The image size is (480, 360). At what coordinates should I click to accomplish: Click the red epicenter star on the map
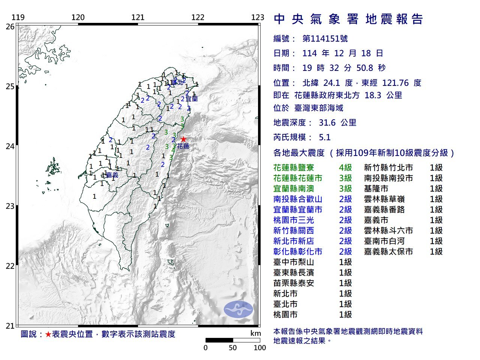183,139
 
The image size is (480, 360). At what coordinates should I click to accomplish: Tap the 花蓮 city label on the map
183,146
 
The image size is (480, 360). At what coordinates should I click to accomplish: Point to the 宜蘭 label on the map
192,99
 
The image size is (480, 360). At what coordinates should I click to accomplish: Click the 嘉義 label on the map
112,175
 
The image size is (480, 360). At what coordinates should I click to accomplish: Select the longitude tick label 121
138,17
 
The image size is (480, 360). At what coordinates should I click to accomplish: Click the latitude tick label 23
10,206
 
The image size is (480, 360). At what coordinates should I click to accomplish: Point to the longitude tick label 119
18,17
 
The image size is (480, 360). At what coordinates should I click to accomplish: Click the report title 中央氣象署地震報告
348,19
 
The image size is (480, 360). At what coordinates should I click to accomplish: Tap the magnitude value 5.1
324,137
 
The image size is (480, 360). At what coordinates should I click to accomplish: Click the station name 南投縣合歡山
298,199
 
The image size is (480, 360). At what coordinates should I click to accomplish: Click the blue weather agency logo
238,309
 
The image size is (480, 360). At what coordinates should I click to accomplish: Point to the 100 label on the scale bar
259,348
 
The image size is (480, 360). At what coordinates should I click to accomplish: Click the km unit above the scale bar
255,333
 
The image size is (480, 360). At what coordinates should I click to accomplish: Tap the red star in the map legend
48,334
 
